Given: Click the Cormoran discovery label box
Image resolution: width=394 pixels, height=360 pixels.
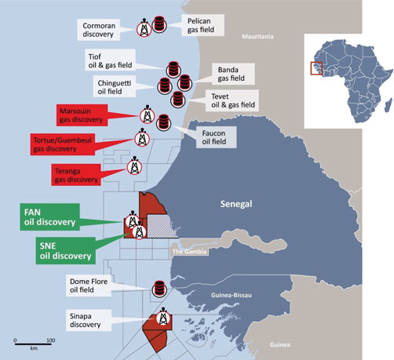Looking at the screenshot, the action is (x=99, y=30).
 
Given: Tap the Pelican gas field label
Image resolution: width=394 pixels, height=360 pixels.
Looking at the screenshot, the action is (x=203, y=25).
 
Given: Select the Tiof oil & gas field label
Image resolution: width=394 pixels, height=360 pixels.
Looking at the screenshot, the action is (x=110, y=60).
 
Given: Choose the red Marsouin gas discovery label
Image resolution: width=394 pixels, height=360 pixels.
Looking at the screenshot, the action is (x=82, y=115).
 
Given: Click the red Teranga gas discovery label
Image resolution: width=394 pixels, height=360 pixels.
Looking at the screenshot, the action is (x=76, y=175).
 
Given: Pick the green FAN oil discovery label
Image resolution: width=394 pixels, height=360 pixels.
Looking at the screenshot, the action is (x=49, y=217).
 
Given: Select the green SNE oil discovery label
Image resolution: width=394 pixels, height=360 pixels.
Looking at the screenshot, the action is (x=66, y=251).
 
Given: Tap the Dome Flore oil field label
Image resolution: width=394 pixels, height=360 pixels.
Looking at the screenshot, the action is (x=89, y=285).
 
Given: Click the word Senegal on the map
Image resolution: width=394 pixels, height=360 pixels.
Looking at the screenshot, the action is (x=236, y=204).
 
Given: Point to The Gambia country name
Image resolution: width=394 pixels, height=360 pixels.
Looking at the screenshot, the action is (x=189, y=252).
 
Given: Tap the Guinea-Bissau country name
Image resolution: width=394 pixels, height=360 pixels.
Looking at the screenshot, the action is (x=232, y=295).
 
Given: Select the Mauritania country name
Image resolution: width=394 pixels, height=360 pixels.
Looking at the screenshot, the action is (x=257, y=36).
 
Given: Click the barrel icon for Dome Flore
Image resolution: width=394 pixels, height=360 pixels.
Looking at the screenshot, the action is (x=159, y=289).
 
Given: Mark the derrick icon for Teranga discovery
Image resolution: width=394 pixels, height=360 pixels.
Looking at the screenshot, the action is (x=134, y=166).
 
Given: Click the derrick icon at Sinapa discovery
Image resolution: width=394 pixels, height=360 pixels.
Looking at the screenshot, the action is (x=163, y=318).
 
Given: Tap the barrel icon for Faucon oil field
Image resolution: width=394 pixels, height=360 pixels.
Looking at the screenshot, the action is (x=164, y=122).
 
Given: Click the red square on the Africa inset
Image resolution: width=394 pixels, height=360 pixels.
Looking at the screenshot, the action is (x=316, y=68).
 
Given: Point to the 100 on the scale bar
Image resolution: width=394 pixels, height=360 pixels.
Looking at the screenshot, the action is (x=51, y=340).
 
